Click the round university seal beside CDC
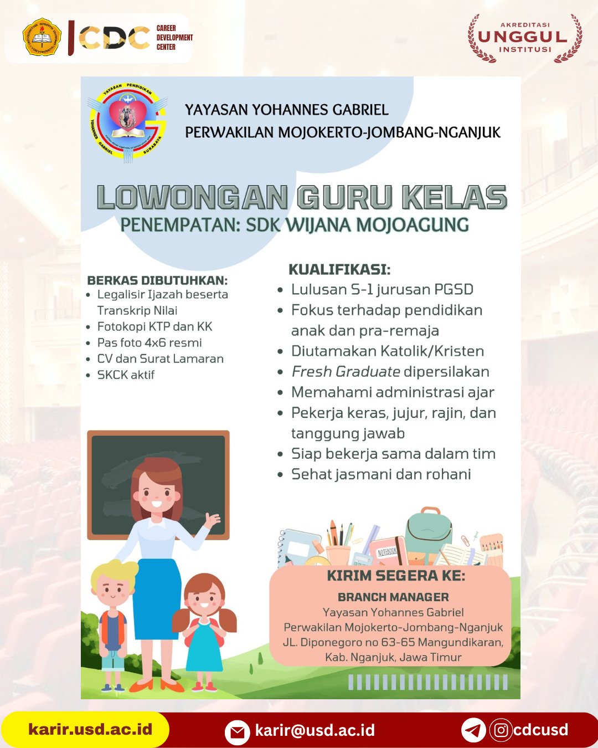(42, 38)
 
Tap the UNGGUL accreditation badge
(524, 38)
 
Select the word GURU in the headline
(344, 198)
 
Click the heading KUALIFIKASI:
(339, 270)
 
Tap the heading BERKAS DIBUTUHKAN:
(157, 280)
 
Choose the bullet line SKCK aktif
(126, 375)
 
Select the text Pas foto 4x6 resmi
(149, 343)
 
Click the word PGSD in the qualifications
(453, 290)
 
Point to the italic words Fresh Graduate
(346, 372)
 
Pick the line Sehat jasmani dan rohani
(381, 474)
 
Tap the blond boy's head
(113, 582)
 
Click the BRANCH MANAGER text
(393, 597)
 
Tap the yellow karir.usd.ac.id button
(90, 729)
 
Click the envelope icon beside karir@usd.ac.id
(237, 731)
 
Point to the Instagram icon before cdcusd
(501, 730)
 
